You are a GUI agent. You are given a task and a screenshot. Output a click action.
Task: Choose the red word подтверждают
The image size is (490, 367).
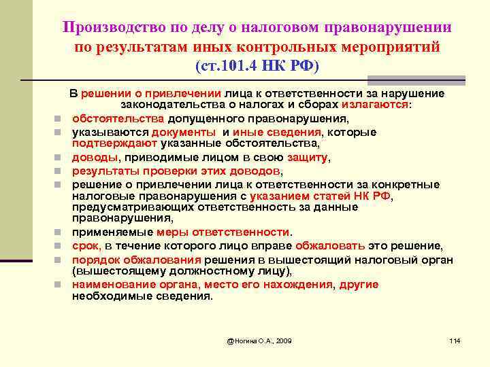click(114, 143)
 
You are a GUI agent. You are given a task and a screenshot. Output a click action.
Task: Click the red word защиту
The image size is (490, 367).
click(307, 157)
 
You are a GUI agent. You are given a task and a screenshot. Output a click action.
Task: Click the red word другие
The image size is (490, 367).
click(359, 285)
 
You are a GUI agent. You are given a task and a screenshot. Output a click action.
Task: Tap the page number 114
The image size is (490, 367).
click(455, 340)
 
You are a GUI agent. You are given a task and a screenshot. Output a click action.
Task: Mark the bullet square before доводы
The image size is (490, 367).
click(61, 158)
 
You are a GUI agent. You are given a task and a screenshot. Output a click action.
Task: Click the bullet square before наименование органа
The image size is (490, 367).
click(61, 285)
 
